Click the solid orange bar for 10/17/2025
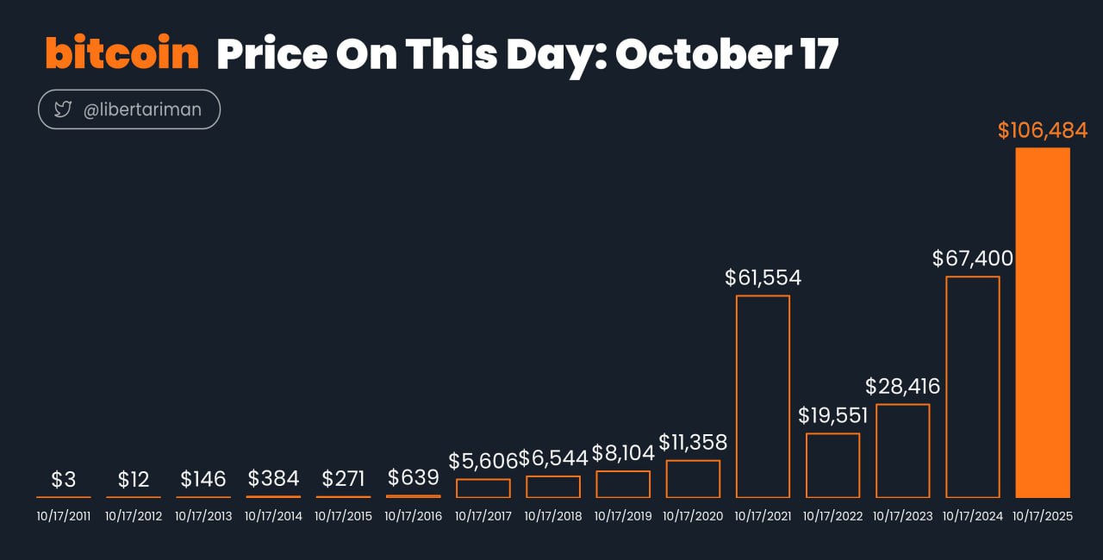1043,322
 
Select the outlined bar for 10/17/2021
763,396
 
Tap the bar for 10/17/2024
973,387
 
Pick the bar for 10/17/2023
902,451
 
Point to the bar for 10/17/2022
832,465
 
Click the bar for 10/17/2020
693,479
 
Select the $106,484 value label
1043,131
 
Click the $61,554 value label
763,277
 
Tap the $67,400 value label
973,258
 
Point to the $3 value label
63,480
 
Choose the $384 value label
273,478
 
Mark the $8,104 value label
623,454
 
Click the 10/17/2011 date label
63,517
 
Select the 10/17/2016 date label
413,517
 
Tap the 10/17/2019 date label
623,517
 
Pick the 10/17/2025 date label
1043,517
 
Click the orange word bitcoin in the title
122,54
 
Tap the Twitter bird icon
63,109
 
